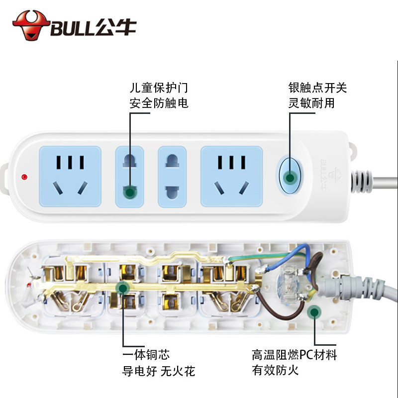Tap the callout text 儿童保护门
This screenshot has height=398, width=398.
159,88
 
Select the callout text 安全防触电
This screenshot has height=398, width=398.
159,103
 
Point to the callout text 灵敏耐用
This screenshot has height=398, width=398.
311,103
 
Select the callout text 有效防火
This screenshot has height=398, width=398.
275,371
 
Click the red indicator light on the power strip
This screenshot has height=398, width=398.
24,176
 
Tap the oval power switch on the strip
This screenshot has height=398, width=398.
289,176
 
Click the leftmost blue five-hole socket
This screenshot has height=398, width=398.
70,176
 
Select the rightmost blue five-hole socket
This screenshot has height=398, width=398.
231,176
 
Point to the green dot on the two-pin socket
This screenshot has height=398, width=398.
130,192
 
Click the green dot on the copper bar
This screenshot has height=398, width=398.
122,287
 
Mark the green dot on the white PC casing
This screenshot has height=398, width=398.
313,312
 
